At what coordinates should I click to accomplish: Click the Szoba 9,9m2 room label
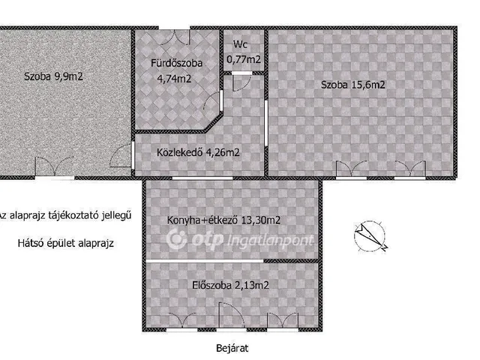[53, 76]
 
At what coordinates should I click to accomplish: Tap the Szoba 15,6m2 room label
[352, 85]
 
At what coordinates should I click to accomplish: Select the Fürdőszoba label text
[177, 63]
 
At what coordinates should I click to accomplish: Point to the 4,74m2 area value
[174, 79]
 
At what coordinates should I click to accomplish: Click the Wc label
[240, 44]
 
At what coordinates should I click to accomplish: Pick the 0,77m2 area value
[244, 58]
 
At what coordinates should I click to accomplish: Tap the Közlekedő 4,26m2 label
[198, 152]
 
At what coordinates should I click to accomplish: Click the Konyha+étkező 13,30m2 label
[223, 220]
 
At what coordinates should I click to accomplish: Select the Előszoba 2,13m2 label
[230, 285]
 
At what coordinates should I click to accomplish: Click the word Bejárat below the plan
[232, 348]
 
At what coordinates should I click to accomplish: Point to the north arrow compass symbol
[370, 236]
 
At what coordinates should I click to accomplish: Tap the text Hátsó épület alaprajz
[65, 243]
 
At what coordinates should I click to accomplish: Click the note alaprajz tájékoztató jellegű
[70, 215]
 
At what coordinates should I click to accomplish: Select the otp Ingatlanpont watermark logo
[240, 239]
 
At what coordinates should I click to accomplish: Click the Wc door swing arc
[241, 82]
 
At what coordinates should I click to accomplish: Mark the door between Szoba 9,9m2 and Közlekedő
[121, 155]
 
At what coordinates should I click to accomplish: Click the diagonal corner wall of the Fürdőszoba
[213, 123]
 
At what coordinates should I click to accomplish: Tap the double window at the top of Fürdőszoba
[174, 36]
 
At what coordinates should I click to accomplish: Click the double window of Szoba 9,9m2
[55, 167]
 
